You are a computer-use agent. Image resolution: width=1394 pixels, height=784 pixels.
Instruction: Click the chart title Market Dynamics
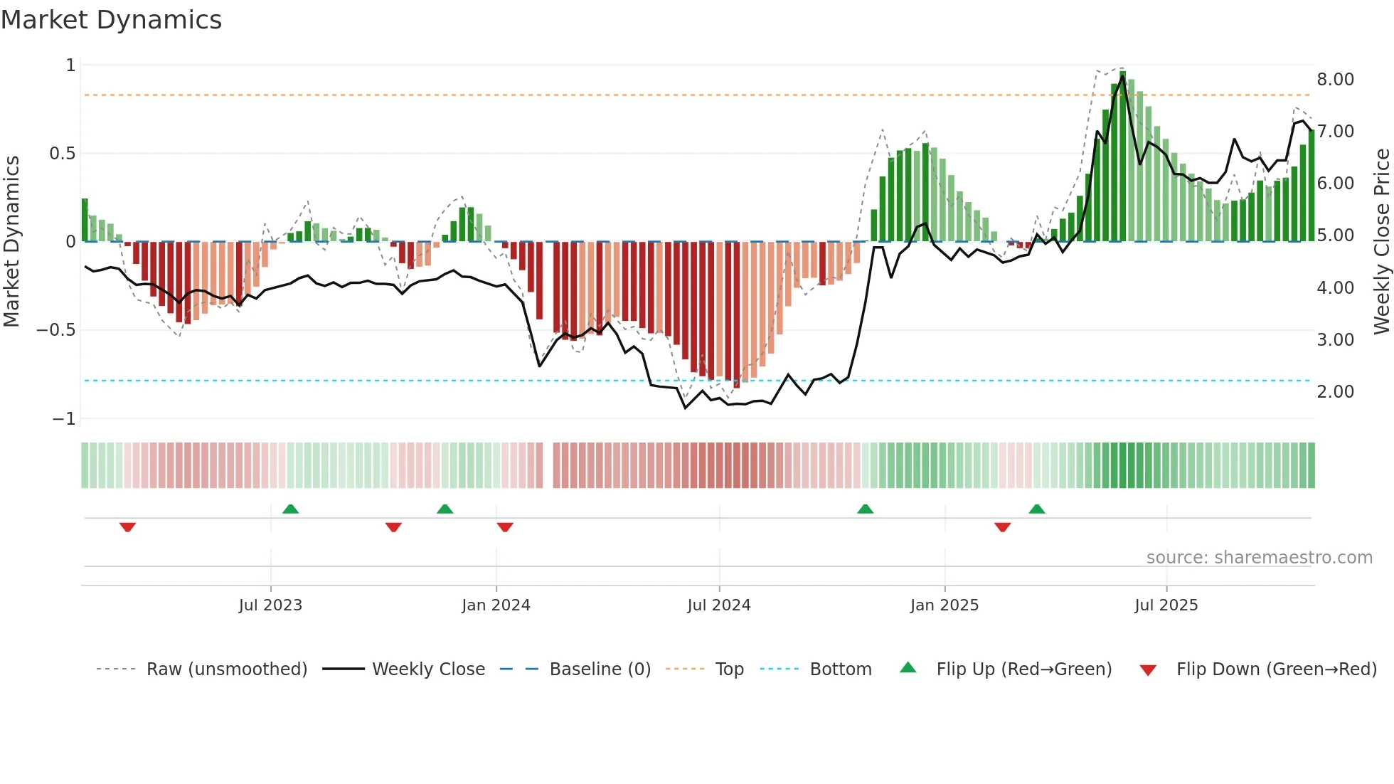[x=111, y=20]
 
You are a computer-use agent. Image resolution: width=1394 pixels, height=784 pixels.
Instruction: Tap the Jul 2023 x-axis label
[x=270, y=605]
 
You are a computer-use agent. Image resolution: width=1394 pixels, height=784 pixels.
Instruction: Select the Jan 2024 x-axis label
[x=496, y=605]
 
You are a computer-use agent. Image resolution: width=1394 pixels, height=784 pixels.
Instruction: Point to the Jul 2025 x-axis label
[x=1166, y=605]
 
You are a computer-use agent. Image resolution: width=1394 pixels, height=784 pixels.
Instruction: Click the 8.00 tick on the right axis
[x=1335, y=80]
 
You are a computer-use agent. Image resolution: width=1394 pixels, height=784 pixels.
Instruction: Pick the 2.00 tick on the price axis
[x=1335, y=392]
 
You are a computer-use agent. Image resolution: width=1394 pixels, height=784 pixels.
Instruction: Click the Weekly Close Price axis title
[x=1381, y=241]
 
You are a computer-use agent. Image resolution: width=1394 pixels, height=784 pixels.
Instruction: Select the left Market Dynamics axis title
[x=11, y=241]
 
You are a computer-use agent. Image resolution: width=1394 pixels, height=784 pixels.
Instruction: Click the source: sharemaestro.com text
[x=1259, y=558]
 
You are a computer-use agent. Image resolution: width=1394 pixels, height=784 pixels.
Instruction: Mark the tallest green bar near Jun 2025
[x=1122, y=157]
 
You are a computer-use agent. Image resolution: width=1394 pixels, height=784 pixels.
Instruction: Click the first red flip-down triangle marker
[x=127, y=527]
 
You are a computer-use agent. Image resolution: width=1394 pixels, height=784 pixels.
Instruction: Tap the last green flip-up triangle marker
[x=1036, y=509]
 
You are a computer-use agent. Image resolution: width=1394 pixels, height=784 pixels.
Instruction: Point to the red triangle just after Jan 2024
[x=505, y=527]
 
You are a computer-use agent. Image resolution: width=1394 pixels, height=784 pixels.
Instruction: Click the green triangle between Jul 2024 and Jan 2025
[x=865, y=509]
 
